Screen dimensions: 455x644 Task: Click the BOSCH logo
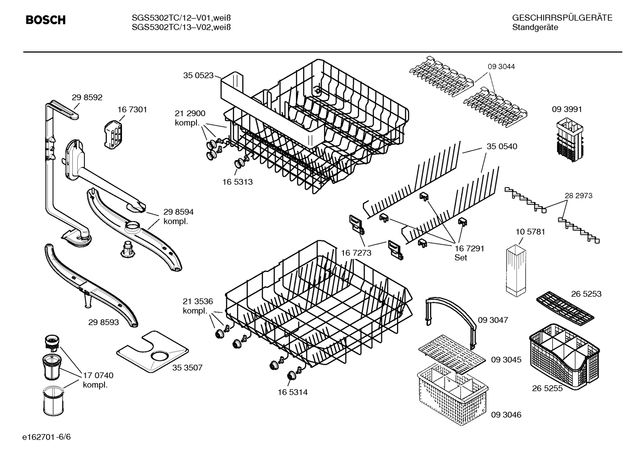click(x=46, y=20)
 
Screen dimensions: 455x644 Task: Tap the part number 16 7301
click(x=132, y=109)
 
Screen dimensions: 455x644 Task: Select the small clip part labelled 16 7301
click(x=113, y=132)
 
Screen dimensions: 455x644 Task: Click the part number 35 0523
click(x=198, y=75)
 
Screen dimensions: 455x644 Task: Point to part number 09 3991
click(x=567, y=109)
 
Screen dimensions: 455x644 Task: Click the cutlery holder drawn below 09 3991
click(x=568, y=137)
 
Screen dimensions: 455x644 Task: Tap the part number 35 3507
click(x=187, y=367)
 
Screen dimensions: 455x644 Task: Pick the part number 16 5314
click(x=292, y=392)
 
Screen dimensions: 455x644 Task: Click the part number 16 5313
click(x=237, y=182)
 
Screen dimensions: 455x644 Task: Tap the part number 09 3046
click(x=506, y=415)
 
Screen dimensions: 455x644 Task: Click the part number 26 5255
click(x=547, y=388)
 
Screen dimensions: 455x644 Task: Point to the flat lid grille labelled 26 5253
click(x=565, y=308)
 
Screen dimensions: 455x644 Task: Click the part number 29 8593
click(x=104, y=321)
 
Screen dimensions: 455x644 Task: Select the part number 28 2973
click(x=578, y=196)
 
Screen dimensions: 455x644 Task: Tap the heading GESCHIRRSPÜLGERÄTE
click(x=562, y=18)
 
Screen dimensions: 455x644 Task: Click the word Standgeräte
click(x=535, y=27)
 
